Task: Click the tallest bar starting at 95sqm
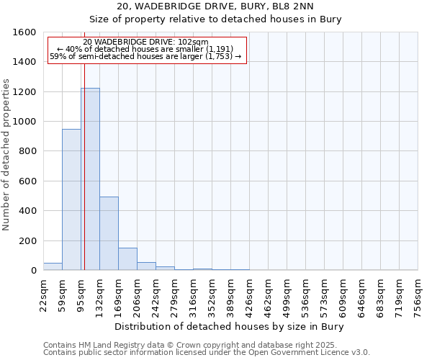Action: point(90,179)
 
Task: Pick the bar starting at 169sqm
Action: point(127,259)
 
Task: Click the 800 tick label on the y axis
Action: point(27,151)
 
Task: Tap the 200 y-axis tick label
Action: point(27,240)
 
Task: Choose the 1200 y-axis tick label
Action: point(24,92)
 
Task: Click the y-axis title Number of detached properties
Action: point(7,151)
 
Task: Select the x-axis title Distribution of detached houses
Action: point(230,327)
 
